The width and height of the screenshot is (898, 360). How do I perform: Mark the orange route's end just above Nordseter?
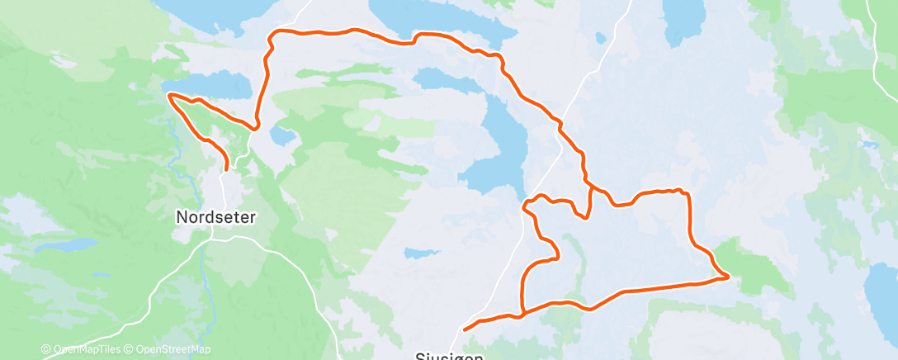point(226,168)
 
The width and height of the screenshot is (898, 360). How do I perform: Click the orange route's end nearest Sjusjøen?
point(466,329)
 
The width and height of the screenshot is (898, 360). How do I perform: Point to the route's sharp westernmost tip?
point(170,96)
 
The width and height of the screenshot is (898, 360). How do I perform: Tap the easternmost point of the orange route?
point(727,277)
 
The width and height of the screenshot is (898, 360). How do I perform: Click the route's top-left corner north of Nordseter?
point(272,34)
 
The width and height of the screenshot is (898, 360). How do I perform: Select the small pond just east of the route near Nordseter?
point(283,134)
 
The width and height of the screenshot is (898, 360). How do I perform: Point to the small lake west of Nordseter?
point(70,245)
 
